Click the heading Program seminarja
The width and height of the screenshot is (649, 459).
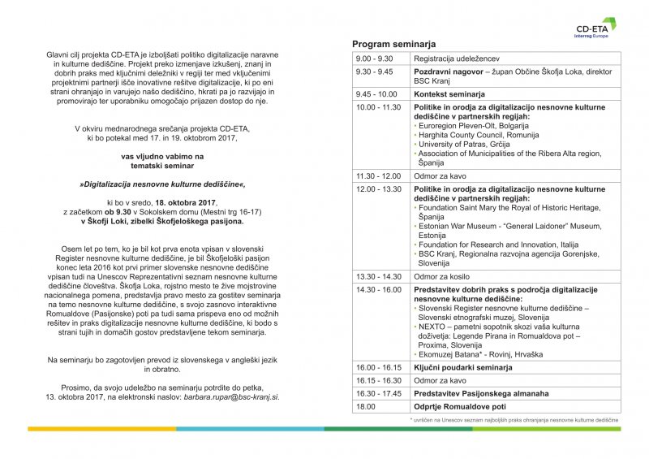coord(394,43)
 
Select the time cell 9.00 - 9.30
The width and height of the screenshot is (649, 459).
coord(374,58)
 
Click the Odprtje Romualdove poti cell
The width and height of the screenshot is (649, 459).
coord(460,406)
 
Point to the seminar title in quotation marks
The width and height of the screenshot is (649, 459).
coord(162,184)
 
